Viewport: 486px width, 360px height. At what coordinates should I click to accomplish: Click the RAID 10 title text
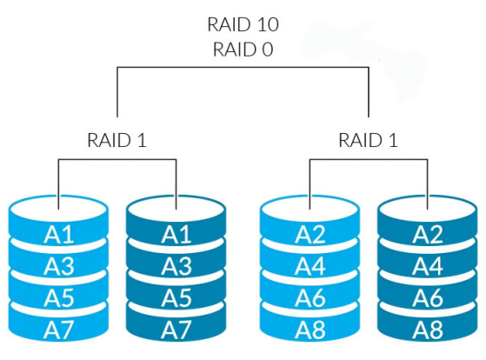[243, 24]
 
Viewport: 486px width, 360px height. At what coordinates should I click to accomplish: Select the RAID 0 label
[243, 50]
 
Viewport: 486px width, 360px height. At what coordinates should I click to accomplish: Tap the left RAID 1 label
[117, 140]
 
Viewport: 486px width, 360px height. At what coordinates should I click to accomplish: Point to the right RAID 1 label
[368, 140]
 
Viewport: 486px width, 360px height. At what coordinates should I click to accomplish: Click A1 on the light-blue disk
[59, 235]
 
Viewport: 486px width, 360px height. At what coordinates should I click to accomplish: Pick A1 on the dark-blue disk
[176, 235]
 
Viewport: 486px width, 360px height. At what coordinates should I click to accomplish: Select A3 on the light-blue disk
[59, 266]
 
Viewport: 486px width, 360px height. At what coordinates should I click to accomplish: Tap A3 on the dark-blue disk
[176, 266]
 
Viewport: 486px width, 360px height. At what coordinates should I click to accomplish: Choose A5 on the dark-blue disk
[176, 297]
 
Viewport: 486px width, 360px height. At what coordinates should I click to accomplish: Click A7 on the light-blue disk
[59, 330]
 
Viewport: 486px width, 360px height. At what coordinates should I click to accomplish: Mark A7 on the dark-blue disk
[176, 330]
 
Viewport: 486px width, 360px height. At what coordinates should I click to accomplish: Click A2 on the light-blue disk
[310, 235]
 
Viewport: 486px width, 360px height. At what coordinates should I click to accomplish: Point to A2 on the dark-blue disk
[428, 235]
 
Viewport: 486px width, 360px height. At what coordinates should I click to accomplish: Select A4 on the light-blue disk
[310, 266]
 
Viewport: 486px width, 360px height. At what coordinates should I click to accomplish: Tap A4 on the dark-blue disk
[428, 266]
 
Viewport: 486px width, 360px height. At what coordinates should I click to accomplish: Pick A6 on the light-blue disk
[310, 297]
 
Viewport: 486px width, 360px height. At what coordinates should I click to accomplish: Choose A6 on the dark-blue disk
[428, 297]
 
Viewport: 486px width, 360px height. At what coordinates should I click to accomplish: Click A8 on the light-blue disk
[310, 330]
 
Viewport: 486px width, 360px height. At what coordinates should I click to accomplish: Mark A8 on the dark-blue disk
[428, 330]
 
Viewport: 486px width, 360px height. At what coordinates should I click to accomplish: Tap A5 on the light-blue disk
[59, 297]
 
